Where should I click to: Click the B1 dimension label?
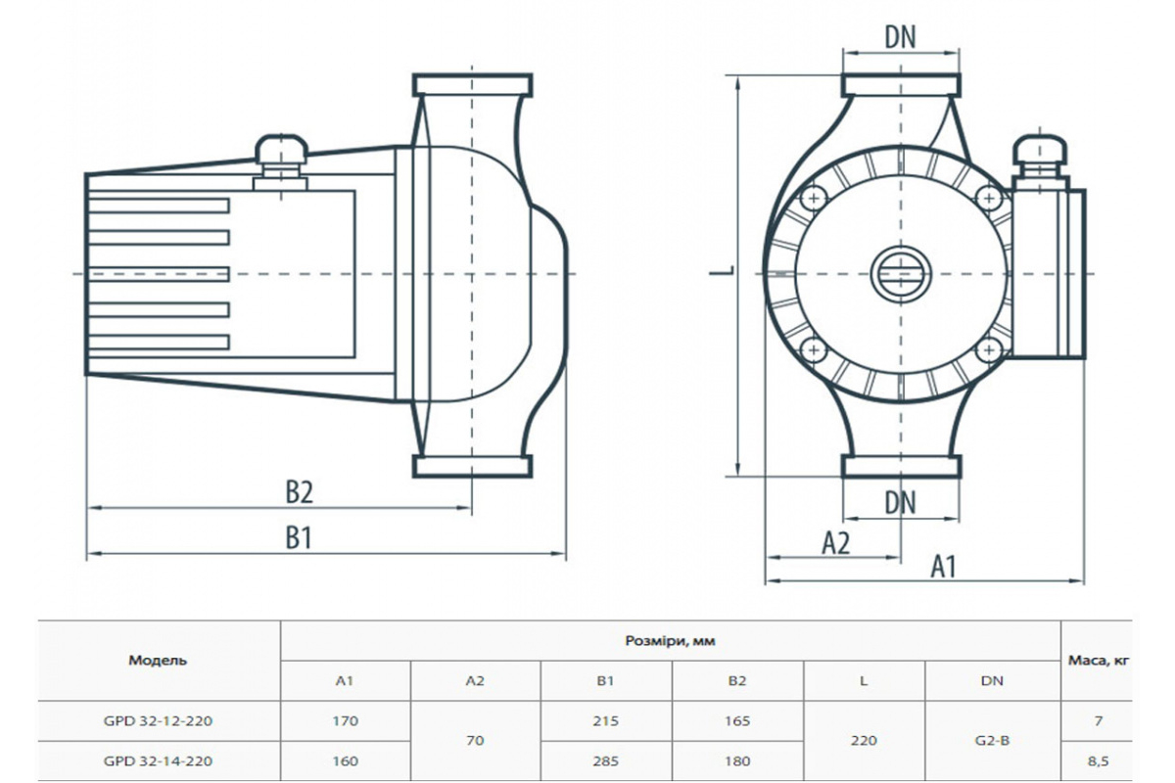point(299,537)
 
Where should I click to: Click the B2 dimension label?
point(299,492)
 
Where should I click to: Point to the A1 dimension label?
point(942,566)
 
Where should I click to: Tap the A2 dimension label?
point(835,542)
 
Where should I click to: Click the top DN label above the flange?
point(900,37)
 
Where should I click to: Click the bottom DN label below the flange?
point(900,502)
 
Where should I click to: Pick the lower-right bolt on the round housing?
point(987,348)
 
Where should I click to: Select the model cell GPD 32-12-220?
point(158,721)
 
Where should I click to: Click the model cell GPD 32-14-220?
point(158,760)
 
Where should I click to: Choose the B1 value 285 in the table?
point(606,760)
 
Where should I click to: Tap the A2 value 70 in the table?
point(475,741)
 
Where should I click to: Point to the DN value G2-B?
point(992,741)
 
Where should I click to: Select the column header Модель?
point(158,661)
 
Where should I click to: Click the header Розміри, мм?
point(671,641)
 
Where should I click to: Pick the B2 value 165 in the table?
point(737,721)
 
